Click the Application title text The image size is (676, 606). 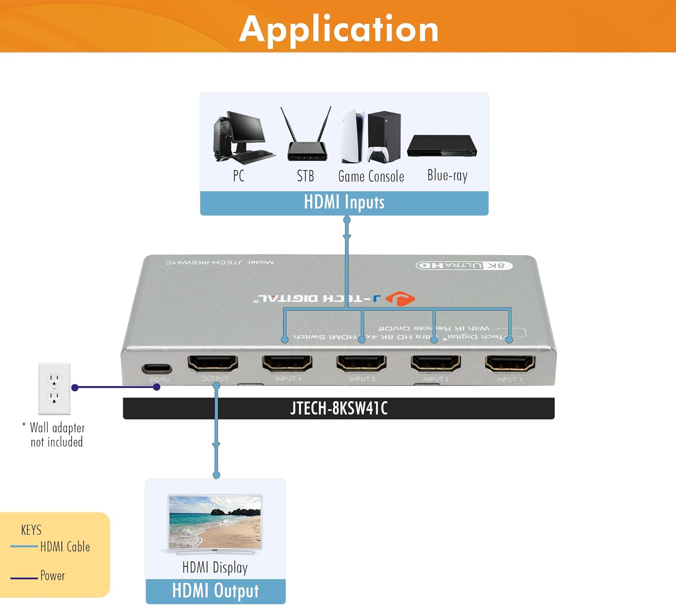click(x=339, y=29)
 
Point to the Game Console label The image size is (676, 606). click(x=371, y=176)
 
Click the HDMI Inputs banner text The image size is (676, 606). click(x=344, y=202)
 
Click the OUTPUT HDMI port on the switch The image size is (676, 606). click(x=213, y=363)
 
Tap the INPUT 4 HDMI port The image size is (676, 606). click(x=287, y=363)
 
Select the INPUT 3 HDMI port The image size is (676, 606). click(x=361, y=363)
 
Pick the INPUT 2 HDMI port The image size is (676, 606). click(x=435, y=363)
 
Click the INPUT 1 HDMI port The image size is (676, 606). click(x=510, y=363)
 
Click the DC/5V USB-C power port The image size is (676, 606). click(x=157, y=368)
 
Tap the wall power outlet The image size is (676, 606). click(x=54, y=388)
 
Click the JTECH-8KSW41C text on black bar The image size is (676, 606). click(x=338, y=409)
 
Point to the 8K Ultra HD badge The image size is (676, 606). click(x=464, y=265)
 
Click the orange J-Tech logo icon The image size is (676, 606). click(x=400, y=298)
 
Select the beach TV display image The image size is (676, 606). click(x=215, y=523)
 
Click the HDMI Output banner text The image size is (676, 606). click(x=215, y=591)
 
